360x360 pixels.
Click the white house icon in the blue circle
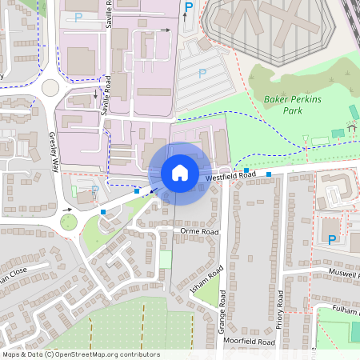pyautogui.click(x=180, y=173)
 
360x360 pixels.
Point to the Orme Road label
pyautogui.click(x=198, y=231)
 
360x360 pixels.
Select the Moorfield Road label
pyautogui.click(x=249, y=342)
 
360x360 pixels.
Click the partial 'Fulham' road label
pyautogui.click(x=346, y=309)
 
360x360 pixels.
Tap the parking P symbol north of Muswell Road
pyautogui.click(x=332, y=238)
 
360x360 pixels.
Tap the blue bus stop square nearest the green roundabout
pyautogui.click(x=102, y=211)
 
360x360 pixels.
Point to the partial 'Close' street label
pyautogui.click(x=14, y=272)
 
